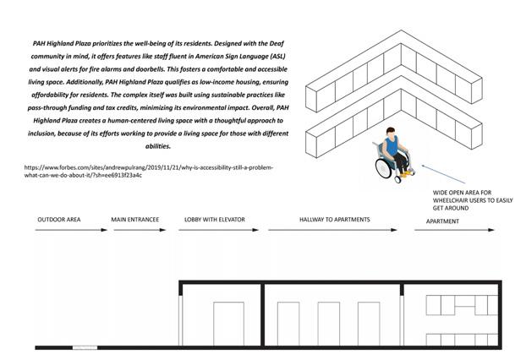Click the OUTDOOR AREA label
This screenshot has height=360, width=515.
[58, 220]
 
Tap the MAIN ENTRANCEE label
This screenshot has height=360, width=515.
[135, 220]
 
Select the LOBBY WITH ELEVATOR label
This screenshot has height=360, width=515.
[215, 220]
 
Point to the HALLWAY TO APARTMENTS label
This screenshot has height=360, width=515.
[334, 220]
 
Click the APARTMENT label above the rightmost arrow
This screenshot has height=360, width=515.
[442, 221]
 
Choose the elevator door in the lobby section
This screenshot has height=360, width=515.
[228, 323]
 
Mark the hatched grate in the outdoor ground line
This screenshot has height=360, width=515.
[87, 346]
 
